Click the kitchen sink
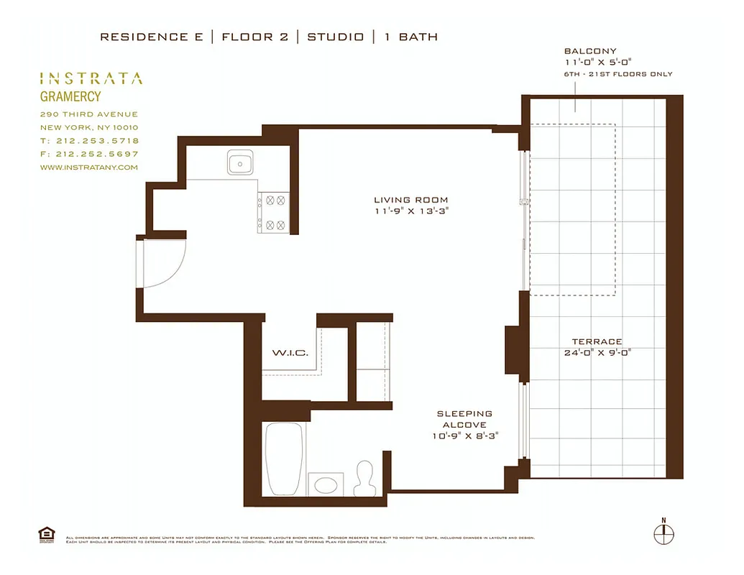pyautogui.click(x=239, y=163)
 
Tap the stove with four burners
pyautogui.click(x=274, y=213)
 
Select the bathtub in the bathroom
pyautogui.click(x=283, y=459)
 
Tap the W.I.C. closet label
pyautogui.click(x=290, y=353)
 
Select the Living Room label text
pyautogui.click(x=410, y=200)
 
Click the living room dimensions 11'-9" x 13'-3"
pyautogui.click(x=410, y=211)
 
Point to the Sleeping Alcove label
pyautogui.click(x=464, y=419)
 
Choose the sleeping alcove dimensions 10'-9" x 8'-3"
pyautogui.click(x=464, y=436)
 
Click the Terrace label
pyautogui.click(x=597, y=341)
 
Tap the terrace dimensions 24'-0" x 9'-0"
pyautogui.click(x=597, y=353)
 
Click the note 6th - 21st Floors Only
pyautogui.click(x=618, y=74)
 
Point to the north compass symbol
pyautogui.click(x=663, y=535)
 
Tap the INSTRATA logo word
pyautogui.click(x=91, y=78)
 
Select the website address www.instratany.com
pyautogui.click(x=88, y=167)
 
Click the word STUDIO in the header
pyautogui.click(x=335, y=37)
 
